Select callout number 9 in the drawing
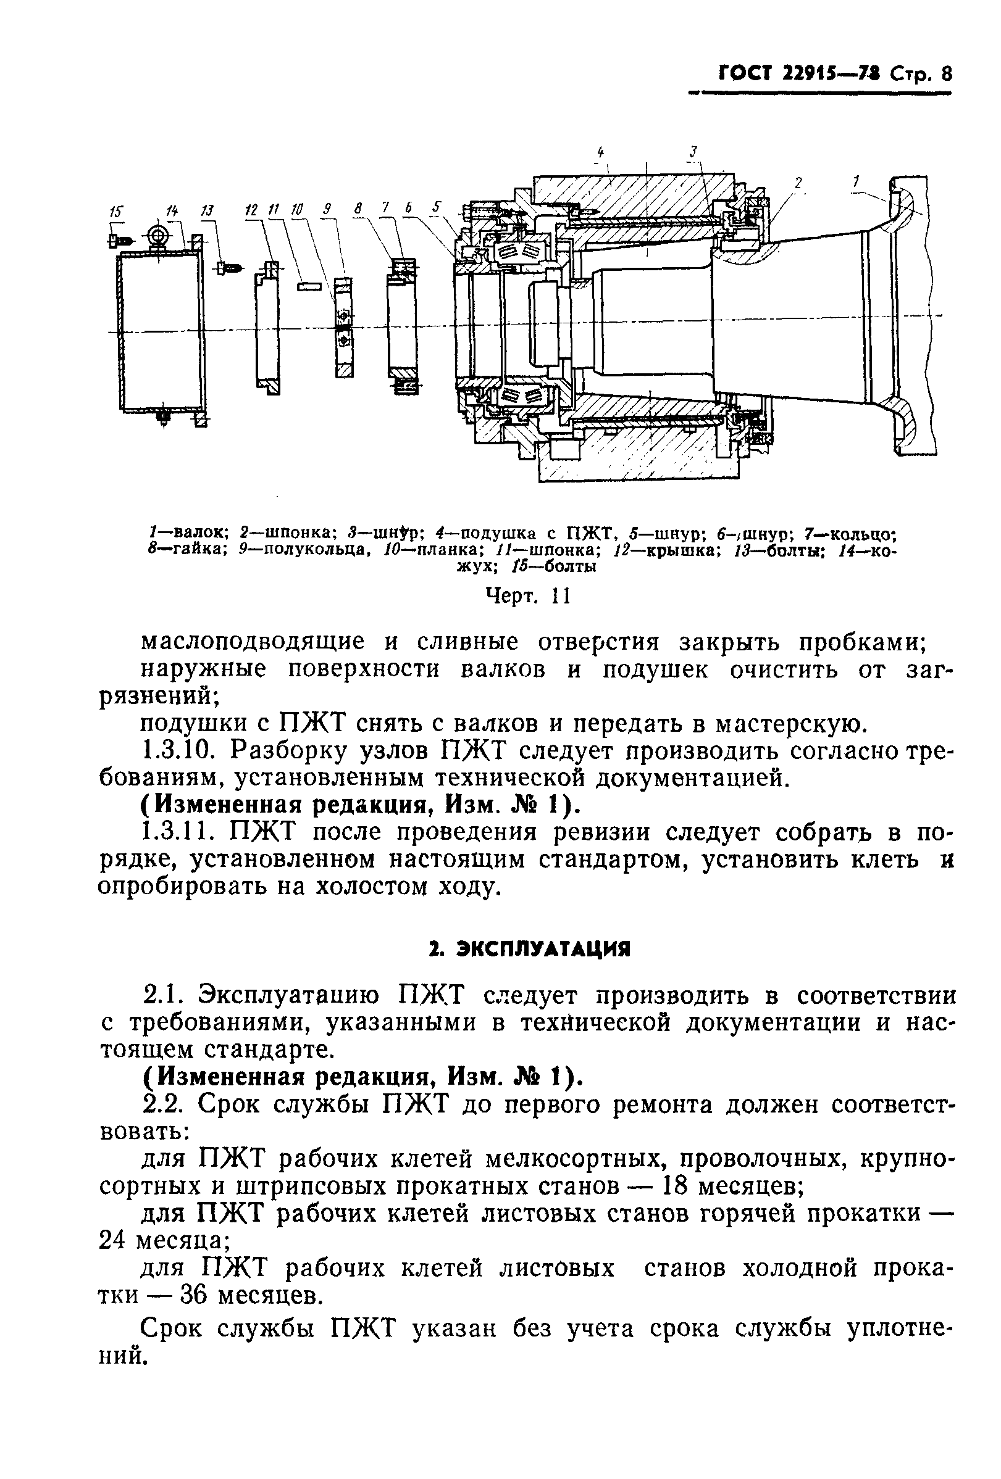tap(327, 209)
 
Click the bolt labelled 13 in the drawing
tap(230, 268)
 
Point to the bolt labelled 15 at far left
tap(119, 241)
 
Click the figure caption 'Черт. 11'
tap(527, 596)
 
